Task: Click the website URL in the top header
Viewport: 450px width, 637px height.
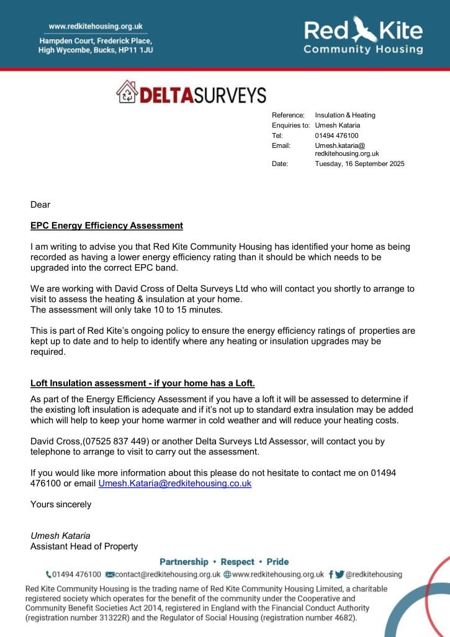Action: (x=96, y=26)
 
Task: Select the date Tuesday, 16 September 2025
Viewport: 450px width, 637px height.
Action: (x=359, y=164)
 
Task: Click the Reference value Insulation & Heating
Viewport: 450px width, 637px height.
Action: (x=345, y=115)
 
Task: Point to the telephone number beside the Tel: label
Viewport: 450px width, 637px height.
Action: (x=336, y=135)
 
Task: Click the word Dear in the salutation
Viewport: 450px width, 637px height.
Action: (x=40, y=204)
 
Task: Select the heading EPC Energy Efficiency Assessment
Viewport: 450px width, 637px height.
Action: (x=107, y=226)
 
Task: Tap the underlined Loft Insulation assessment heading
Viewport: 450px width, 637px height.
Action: (x=143, y=383)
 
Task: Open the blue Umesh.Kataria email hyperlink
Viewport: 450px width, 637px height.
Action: (x=175, y=483)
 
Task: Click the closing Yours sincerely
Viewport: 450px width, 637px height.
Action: (x=61, y=504)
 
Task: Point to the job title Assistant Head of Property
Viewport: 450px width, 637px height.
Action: (x=84, y=546)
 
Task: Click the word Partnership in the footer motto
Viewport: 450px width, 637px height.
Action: (x=184, y=562)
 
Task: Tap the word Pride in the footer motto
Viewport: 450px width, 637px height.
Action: (x=277, y=562)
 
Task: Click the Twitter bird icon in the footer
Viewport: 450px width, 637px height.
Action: (x=340, y=574)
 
